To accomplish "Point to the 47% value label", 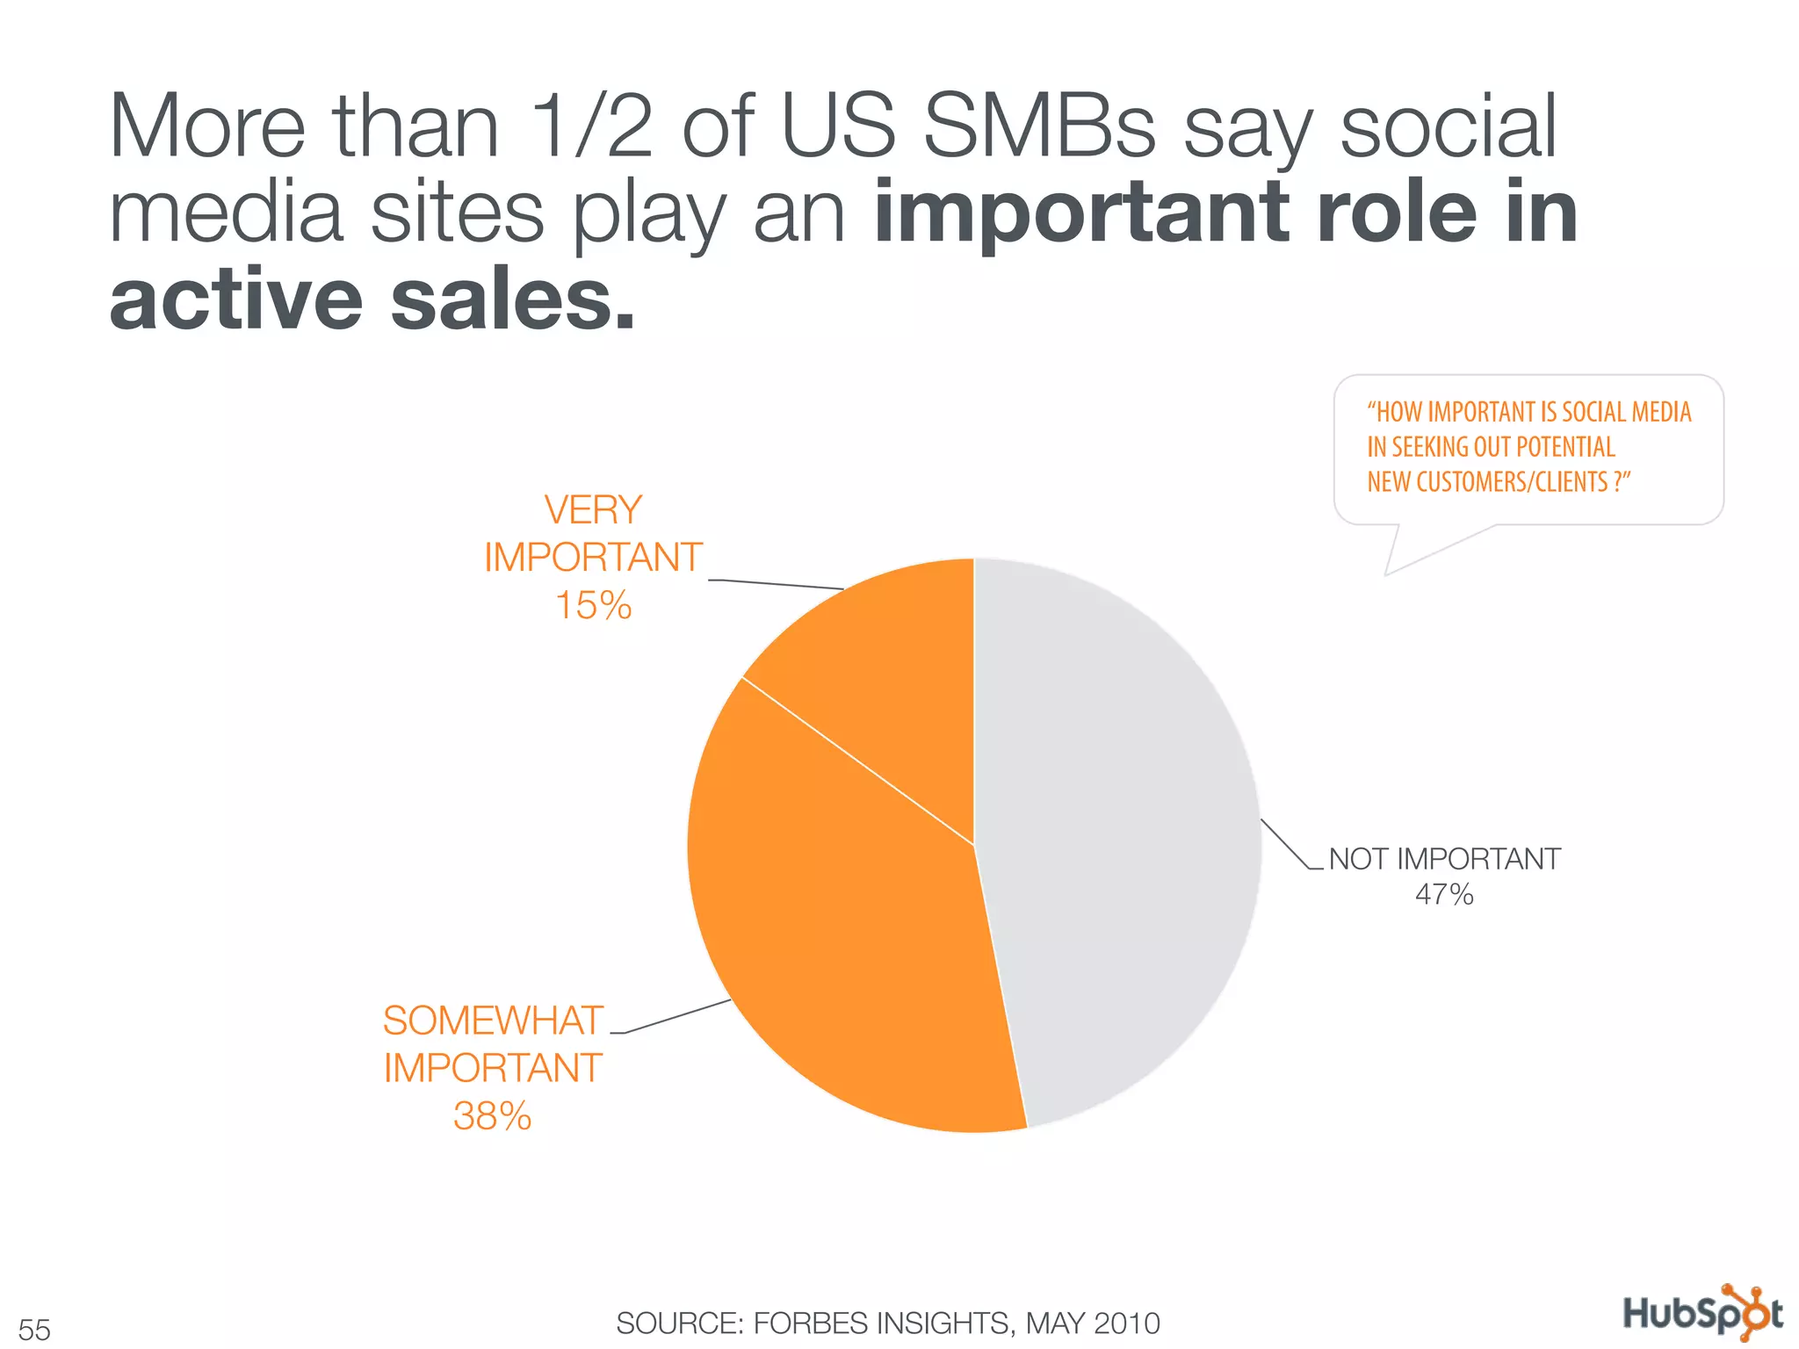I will [x=1444, y=895].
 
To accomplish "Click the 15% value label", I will [x=594, y=606].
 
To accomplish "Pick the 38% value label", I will [x=493, y=1116].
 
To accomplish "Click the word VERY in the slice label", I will [x=594, y=510].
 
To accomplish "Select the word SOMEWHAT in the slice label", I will [x=493, y=1021].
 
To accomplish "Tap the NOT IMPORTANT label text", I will [x=1445, y=858].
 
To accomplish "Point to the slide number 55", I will [x=34, y=1329].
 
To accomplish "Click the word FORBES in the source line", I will [x=816, y=1323].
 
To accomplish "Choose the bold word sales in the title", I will [x=512, y=299].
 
